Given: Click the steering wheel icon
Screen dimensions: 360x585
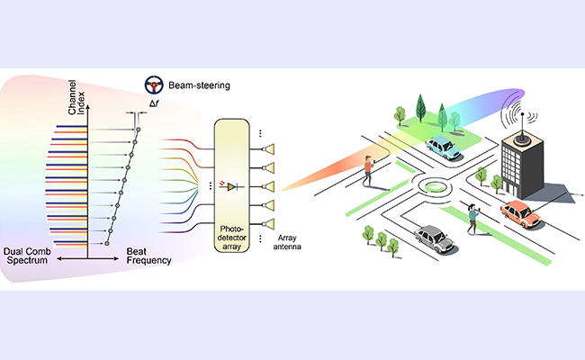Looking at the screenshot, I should tap(155, 86).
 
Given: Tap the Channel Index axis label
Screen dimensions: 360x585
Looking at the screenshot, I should tap(78, 106).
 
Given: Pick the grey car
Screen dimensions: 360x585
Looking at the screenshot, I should tap(433, 238).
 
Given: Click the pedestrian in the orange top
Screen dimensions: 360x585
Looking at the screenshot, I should tap(369, 168).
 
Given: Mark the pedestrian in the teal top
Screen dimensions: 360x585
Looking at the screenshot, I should tap(472, 217).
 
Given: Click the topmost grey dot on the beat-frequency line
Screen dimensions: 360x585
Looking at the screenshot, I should tap(139, 130).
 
